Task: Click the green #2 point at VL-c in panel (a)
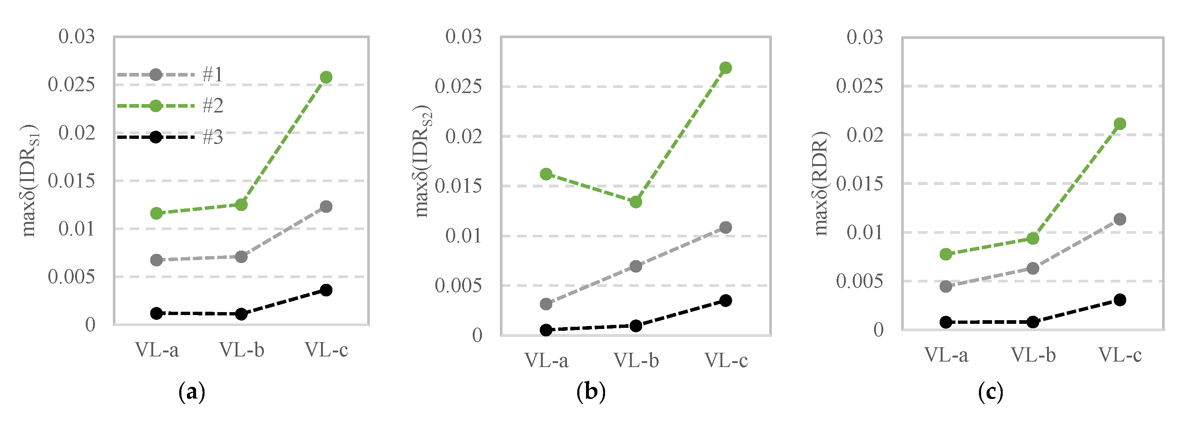point(326,77)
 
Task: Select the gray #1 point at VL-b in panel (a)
point(241,257)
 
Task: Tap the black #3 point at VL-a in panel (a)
point(156,313)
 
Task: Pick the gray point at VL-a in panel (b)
point(546,304)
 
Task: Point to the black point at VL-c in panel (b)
point(726,301)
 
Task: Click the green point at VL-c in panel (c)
point(1120,123)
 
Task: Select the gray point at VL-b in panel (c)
point(1033,268)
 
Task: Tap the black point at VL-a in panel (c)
point(946,322)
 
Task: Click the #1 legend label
point(213,74)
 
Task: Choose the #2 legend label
point(213,105)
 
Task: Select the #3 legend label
point(213,137)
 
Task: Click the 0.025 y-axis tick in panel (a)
point(71,85)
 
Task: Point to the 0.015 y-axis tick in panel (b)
point(458,186)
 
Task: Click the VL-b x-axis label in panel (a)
point(242,350)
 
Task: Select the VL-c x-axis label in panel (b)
point(726,360)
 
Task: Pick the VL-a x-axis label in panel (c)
point(946,355)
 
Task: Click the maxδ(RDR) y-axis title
point(821,184)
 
